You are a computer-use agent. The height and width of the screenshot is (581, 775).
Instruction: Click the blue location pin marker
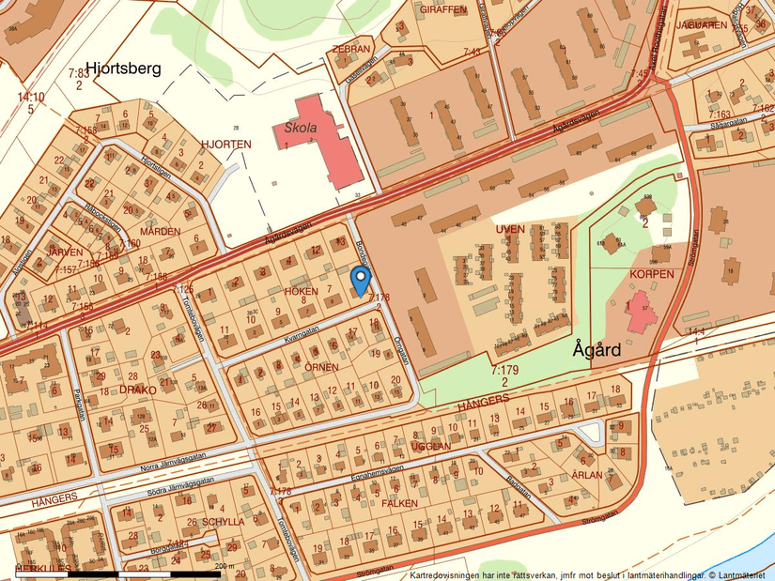point(360,280)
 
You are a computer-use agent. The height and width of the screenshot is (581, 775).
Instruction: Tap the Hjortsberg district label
point(123,68)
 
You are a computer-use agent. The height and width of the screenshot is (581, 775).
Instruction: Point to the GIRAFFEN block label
point(442,8)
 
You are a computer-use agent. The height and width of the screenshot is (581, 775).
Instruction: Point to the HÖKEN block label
point(301,291)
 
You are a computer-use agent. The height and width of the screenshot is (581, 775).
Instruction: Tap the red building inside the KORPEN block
point(643,312)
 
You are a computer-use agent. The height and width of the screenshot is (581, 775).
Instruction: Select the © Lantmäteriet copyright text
point(737,574)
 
